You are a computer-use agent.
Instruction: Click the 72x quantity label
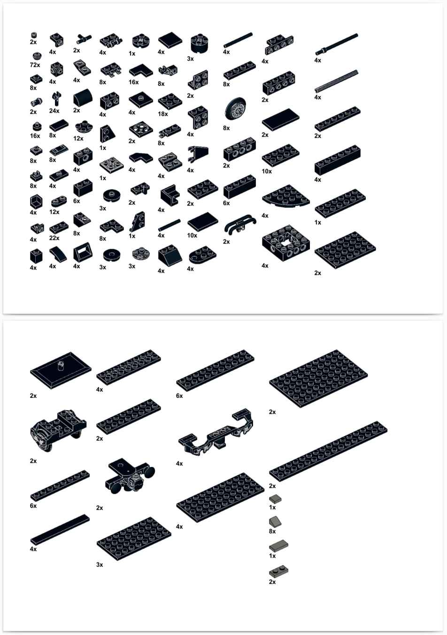[35, 65]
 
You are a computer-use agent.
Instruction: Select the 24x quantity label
[54, 111]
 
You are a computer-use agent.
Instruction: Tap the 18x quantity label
[163, 114]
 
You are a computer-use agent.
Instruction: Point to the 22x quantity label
[54, 238]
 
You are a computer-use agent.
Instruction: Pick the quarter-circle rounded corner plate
[285, 196]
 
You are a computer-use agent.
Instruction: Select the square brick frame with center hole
[285, 243]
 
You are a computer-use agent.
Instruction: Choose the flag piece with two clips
[198, 154]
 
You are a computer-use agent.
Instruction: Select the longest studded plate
[328, 451]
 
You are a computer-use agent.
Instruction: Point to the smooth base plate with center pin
[61, 370]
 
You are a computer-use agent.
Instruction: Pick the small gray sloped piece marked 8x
[275, 521]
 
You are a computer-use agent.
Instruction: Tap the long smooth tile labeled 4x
[60, 530]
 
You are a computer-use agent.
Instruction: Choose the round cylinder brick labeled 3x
[200, 43]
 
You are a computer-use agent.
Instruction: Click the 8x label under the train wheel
[226, 128]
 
